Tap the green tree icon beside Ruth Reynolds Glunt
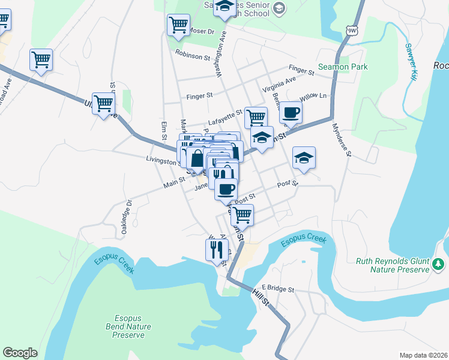pos(439,264)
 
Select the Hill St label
pos(262,299)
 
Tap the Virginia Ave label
pos(279,85)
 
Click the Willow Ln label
pos(313,96)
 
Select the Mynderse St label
pos(340,139)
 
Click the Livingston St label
pos(162,160)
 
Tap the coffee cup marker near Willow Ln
pos(291,112)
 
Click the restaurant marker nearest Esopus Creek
pos(217,250)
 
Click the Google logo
pos(20,353)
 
